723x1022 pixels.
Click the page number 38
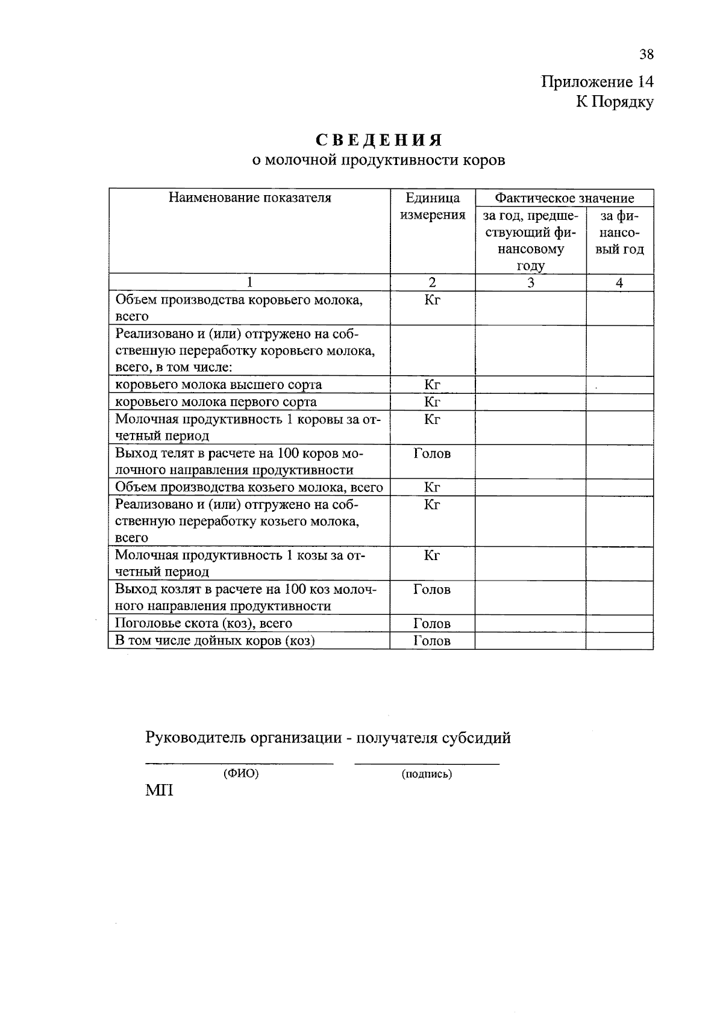point(646,55)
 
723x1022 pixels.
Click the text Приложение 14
point(596,82)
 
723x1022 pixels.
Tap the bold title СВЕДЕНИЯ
point(379,140)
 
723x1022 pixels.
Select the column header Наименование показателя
point(249,198)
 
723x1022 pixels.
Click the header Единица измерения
point(433,207)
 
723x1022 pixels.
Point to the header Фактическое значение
point(564,198)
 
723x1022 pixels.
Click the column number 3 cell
point(530,282)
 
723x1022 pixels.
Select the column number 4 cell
point(619,282)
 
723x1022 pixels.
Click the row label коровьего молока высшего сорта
point(218,385)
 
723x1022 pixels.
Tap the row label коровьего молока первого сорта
point(216,402)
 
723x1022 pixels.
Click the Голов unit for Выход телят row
point(432,453)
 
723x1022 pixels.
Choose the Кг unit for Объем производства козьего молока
point(432,487)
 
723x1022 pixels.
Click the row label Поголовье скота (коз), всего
point(203,623)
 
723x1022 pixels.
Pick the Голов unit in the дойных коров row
point(432,641)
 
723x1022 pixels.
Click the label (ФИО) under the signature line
point(240,774)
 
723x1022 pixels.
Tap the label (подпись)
point(427,774)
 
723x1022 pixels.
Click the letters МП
point(159,791)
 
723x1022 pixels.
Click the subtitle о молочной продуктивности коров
point(378,160)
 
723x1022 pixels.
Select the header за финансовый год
point(619,232)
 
